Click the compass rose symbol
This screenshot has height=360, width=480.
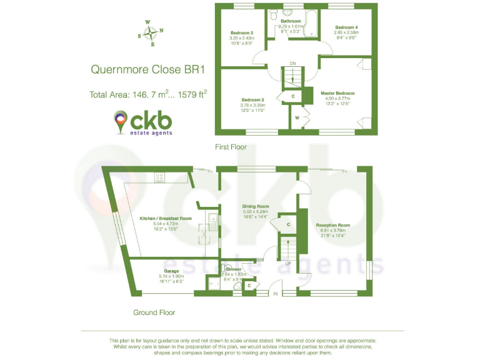pyautogui.click(x=151, y=33)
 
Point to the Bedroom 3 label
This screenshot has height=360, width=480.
pyautogui.click(x=241, y=32)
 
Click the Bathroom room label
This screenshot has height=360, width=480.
pyautogui.click(x=291, y=21)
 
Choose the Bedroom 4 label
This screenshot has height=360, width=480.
pyautogui.click(x=346, y=27)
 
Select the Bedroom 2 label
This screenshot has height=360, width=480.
pyautogui.click(x=252, y=100)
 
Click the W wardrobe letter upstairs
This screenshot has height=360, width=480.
pyautogui.click(x=297, y=117)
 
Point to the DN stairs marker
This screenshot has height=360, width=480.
pyautogui.click(x=292, y=63)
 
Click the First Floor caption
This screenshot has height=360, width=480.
pyautogui.click(x=231, y=147)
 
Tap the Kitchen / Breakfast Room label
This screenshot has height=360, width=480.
pyautogui.click(x=165, y=218)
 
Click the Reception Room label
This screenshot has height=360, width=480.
pyautogui.click(x=332, y=225)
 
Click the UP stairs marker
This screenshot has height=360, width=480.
pyautogui.click(x=287, y=264)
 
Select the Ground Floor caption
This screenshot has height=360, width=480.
pyautogui.click(x=154, y=312)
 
